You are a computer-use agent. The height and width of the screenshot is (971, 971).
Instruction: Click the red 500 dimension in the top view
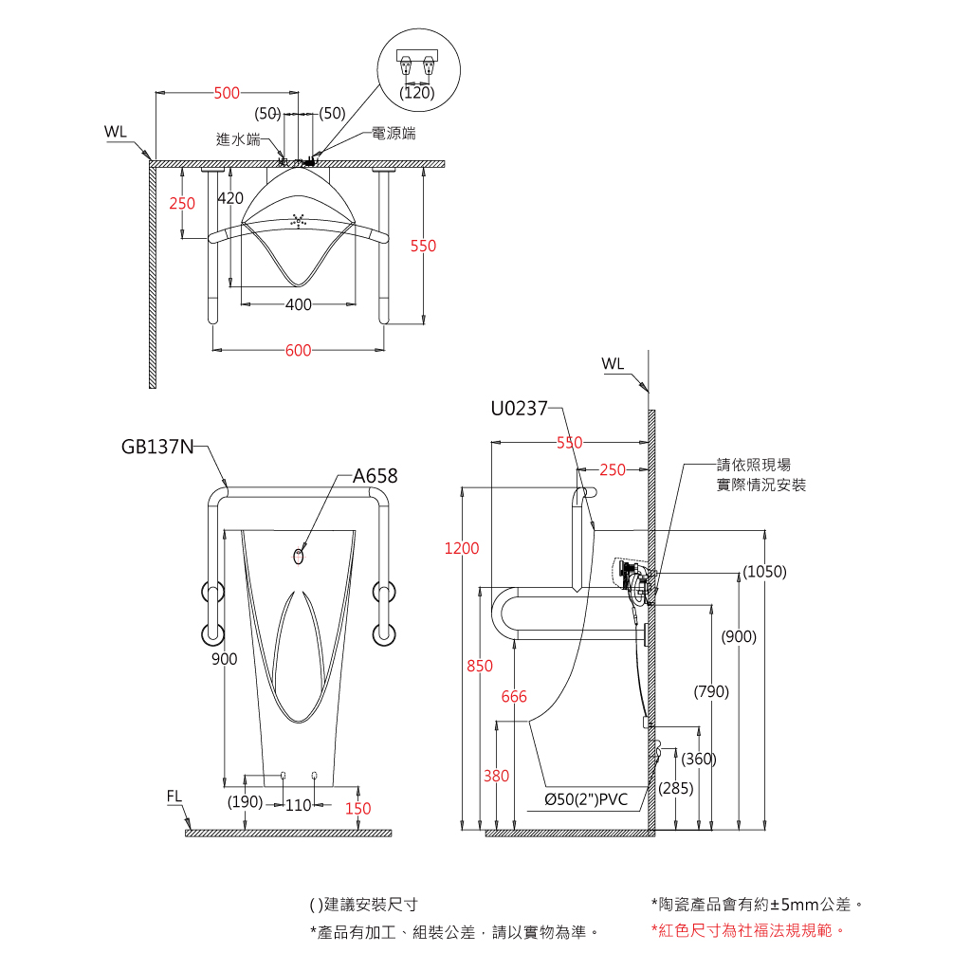(x=227, y=93)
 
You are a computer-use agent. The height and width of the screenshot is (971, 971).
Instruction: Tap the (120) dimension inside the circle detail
(x=417, y=93)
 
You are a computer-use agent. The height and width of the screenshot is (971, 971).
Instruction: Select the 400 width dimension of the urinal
(x=299, y=304)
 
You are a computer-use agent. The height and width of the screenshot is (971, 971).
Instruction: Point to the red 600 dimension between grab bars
(x=299, y=351)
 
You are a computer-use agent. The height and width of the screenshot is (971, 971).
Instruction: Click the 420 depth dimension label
(x=230, y=198)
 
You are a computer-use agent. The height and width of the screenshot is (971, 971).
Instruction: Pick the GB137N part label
(x=157, y=447)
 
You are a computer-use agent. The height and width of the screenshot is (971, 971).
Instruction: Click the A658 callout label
(x=376, y=476)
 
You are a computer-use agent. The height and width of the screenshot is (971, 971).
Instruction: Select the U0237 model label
(x=519, y=409)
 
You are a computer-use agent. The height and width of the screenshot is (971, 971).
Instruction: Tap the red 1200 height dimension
(x=462, y=548)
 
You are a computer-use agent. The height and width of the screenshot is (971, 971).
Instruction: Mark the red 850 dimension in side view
(x=480, y=666)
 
